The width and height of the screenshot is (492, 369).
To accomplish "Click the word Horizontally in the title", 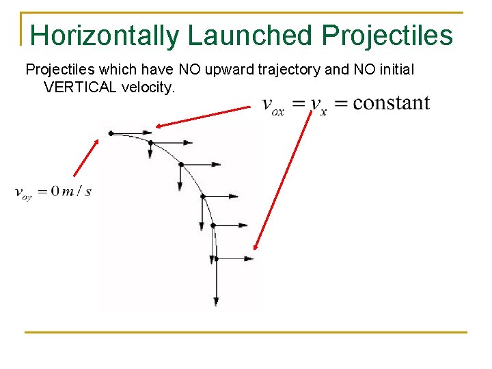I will tap(105, 35).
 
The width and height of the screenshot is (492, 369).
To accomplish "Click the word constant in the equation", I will tap(391, 103).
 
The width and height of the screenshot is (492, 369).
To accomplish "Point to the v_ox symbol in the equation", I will tap(273, 106).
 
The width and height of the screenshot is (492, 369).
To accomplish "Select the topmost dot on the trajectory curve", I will tap(111, 133).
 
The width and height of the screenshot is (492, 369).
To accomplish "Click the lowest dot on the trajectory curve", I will tap(215, 259).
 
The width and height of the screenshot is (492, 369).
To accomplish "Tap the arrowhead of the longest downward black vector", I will tap(216, 301).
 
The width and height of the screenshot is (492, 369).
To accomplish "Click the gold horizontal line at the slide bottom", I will tap(246, 333).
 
